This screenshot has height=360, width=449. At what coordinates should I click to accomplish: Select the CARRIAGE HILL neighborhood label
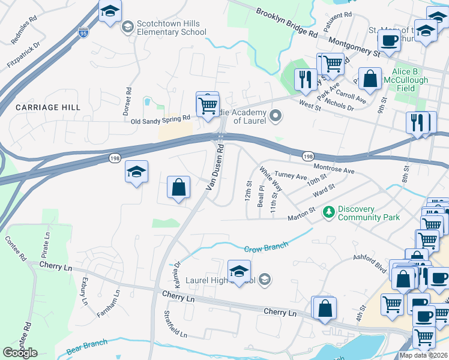point(40,107)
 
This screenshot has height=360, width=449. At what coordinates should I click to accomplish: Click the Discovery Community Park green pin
point(328,211)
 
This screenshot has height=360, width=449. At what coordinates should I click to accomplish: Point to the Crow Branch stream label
point(266,247)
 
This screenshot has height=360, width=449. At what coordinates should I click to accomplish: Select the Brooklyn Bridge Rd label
point(286,23)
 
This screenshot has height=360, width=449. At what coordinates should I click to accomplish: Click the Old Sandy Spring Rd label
point(160,121)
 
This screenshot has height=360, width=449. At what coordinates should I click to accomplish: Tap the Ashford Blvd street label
point(370,262)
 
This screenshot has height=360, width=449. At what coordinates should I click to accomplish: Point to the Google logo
point(20,353)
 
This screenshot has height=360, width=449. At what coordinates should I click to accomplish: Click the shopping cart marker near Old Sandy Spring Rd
point(208,106)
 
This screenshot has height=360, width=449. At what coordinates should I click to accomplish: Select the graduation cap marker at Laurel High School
point(239,271)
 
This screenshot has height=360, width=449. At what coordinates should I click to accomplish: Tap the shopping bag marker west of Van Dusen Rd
point(179,187)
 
